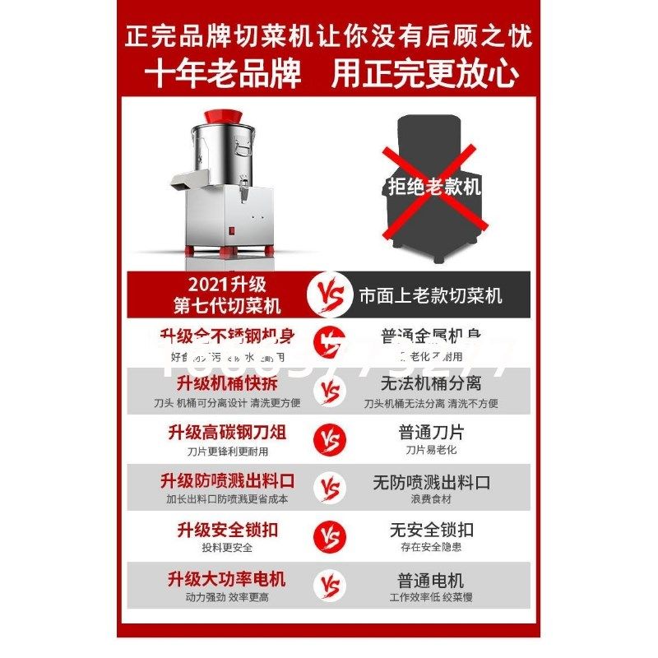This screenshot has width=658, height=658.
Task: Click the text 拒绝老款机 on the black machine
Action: click(433, 187)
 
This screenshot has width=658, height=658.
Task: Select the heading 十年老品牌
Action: click(223, 75)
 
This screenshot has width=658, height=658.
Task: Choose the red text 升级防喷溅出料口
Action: click(227, 481)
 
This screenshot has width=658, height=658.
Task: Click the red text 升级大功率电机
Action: click(227, 580)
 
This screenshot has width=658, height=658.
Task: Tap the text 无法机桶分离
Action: click(431, 384)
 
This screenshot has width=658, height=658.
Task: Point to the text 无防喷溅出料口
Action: click(431, 481)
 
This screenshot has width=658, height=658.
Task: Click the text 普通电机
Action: click(431, 580)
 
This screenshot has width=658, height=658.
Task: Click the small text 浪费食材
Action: click(431, 499)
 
